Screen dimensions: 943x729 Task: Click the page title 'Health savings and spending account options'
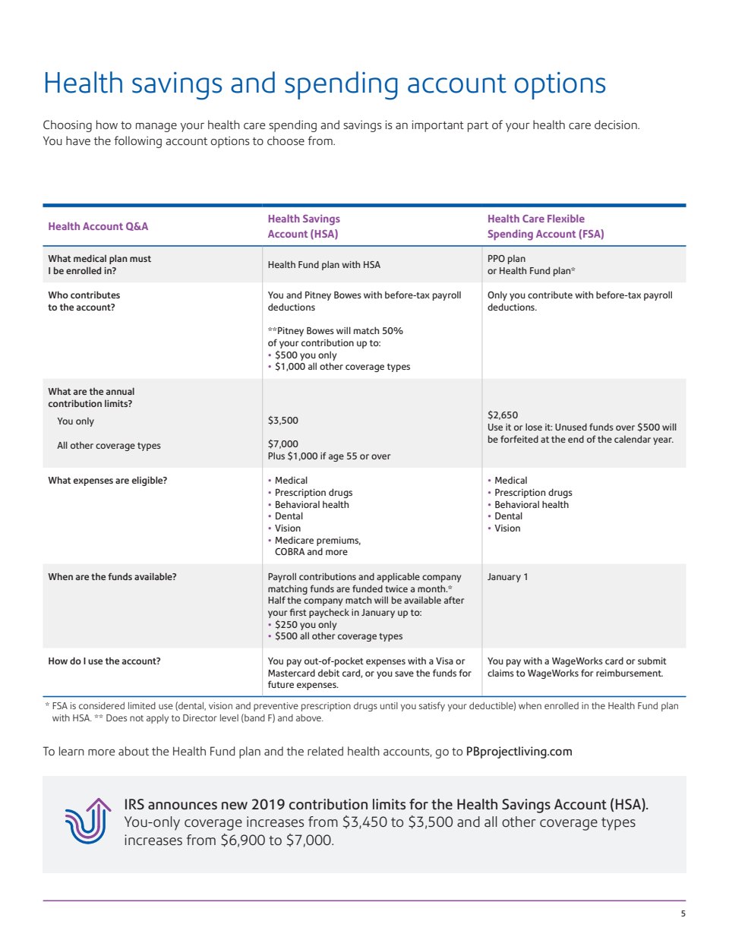[324, 84]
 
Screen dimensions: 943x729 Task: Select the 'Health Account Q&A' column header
[98, 226]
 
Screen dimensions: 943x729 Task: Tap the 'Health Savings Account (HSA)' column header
[304, 226]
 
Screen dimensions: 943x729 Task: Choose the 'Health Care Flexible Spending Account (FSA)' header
[545, 226]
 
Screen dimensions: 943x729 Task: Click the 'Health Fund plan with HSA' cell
[323, 265]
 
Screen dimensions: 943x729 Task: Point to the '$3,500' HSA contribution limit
[282, 421]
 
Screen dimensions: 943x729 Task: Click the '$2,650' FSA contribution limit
[503, 415]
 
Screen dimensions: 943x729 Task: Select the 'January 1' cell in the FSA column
[507, 577]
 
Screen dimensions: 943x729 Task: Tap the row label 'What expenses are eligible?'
[107, 481]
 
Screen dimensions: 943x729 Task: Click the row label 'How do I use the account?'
[104, 661]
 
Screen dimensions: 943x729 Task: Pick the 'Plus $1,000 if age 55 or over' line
[329, 456]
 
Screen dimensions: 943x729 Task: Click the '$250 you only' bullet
[305, 625]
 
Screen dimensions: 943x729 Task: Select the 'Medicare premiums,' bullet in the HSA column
[317, 541]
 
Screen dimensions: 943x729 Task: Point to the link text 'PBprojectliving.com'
[519, 752]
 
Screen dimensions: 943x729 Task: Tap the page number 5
[683, 913]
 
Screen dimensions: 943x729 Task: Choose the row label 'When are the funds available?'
[112, 577]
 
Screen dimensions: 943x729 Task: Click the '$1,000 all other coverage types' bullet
[342, 367]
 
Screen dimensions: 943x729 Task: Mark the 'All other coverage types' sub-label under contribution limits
[109, 446]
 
